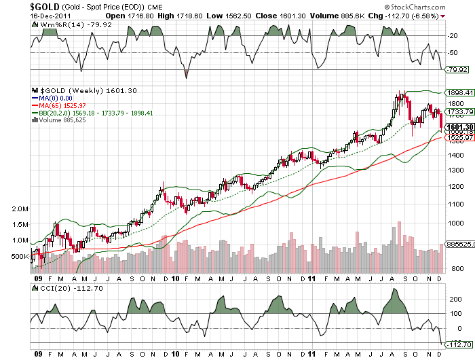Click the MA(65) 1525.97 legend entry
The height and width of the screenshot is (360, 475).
62,106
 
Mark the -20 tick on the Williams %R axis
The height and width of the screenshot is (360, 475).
450,35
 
